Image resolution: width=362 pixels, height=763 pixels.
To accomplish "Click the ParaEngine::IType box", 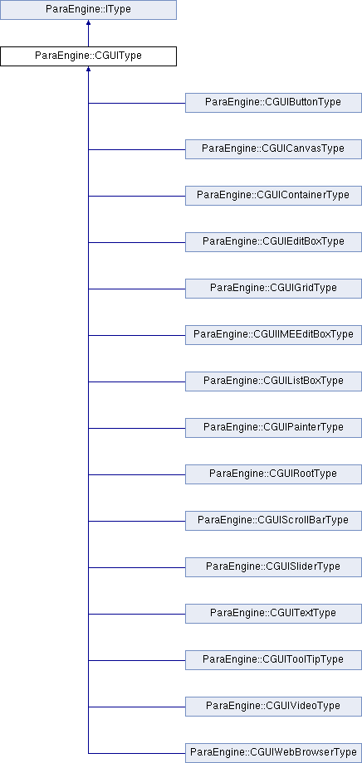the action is [x=88, y=10].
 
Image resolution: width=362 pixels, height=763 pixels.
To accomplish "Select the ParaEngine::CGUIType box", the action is [x=88, y=56].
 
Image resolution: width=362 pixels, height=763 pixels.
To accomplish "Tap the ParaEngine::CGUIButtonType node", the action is [x=273, y=103].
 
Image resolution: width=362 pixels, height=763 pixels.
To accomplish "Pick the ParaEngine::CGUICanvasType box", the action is [x=273, y=149].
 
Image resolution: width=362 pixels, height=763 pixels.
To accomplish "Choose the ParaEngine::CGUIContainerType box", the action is [x=273, y=196].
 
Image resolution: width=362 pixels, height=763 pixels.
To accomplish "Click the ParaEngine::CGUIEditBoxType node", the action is [x=273, y=242].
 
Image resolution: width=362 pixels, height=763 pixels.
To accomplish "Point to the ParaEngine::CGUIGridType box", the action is [x=273, y=289].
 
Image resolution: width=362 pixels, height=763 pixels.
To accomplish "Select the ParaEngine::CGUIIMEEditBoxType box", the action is [x=273, y=335].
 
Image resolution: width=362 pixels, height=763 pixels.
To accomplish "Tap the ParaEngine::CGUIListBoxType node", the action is [x=273, y=381].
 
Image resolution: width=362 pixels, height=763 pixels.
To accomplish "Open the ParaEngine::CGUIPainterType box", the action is [x=273, y=428].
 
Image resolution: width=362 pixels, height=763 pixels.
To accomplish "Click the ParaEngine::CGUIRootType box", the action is [x=273, y=474].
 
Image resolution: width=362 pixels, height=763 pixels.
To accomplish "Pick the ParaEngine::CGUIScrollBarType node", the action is [x=273, y=521].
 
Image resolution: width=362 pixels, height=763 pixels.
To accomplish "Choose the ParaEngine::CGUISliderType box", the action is [x=273, y=567].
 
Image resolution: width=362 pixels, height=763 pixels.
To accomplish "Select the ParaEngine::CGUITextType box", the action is [x=273, y=614].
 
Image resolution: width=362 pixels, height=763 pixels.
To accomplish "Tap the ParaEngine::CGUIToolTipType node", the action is [x=273, y=660].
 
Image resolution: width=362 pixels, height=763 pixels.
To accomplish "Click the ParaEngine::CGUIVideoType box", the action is [x=273, y=707].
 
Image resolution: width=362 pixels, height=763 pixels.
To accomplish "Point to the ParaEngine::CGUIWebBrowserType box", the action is [x=273, y=753].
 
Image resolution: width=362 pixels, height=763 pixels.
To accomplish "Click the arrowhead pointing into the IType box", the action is [x=88, y=22].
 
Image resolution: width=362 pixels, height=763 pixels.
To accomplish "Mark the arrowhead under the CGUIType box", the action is [x=88, y=69].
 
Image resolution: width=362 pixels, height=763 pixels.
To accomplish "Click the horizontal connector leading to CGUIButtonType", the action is [x=137, y=103].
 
